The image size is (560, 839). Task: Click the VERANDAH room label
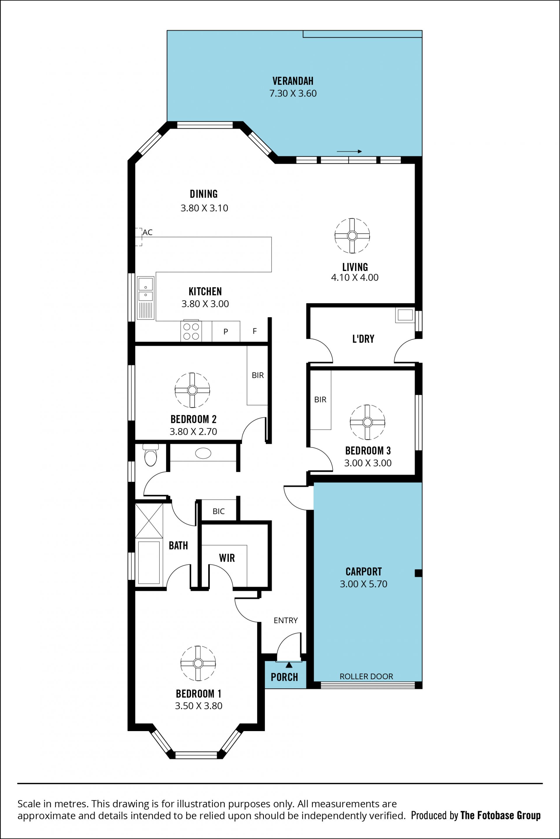(293, 81)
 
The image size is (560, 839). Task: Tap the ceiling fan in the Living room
(352, 236)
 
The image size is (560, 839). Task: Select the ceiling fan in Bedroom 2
(192, 390)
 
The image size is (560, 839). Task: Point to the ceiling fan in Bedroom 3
(367, 422)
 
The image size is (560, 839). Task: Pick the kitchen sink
(146, 298)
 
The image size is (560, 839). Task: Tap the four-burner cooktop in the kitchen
(191, 331)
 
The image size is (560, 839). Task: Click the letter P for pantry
(226, 332)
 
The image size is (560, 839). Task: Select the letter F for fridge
(255, 331)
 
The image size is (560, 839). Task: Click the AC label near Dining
(148, 232)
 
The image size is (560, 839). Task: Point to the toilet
(151, 455)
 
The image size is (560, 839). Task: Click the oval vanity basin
(203, 453)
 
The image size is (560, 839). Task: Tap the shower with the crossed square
(149, 521)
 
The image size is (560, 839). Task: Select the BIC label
(218, 512)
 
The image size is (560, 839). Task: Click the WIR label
(227, 558)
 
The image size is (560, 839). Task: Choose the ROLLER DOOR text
(366, 676)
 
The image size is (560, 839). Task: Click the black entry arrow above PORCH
(289, 665)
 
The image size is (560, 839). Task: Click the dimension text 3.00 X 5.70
(363, 584)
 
